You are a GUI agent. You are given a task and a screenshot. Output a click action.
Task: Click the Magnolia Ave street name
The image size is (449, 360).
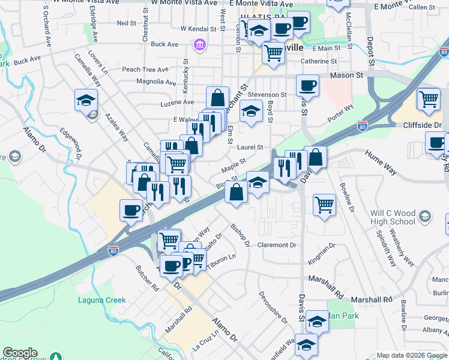click(x=155, y=81)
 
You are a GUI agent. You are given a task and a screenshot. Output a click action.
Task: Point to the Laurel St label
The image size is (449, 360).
click(x=250, y=147)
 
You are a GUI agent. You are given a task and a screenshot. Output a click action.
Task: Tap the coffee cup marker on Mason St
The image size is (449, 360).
click(x=307, y=86)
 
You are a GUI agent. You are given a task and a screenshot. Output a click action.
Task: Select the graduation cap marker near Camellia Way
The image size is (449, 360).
click(x=86, y=100)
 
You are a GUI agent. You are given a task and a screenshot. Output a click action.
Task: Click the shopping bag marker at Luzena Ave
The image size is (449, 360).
click(x=217, y=97)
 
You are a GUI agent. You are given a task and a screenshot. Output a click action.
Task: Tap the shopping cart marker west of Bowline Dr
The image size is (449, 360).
click(x=324, y=204)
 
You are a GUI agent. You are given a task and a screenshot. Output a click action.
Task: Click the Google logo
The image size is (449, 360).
click(x=20, y=353)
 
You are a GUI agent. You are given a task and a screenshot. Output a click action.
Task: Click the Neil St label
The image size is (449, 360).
click(x=127, y=23)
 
